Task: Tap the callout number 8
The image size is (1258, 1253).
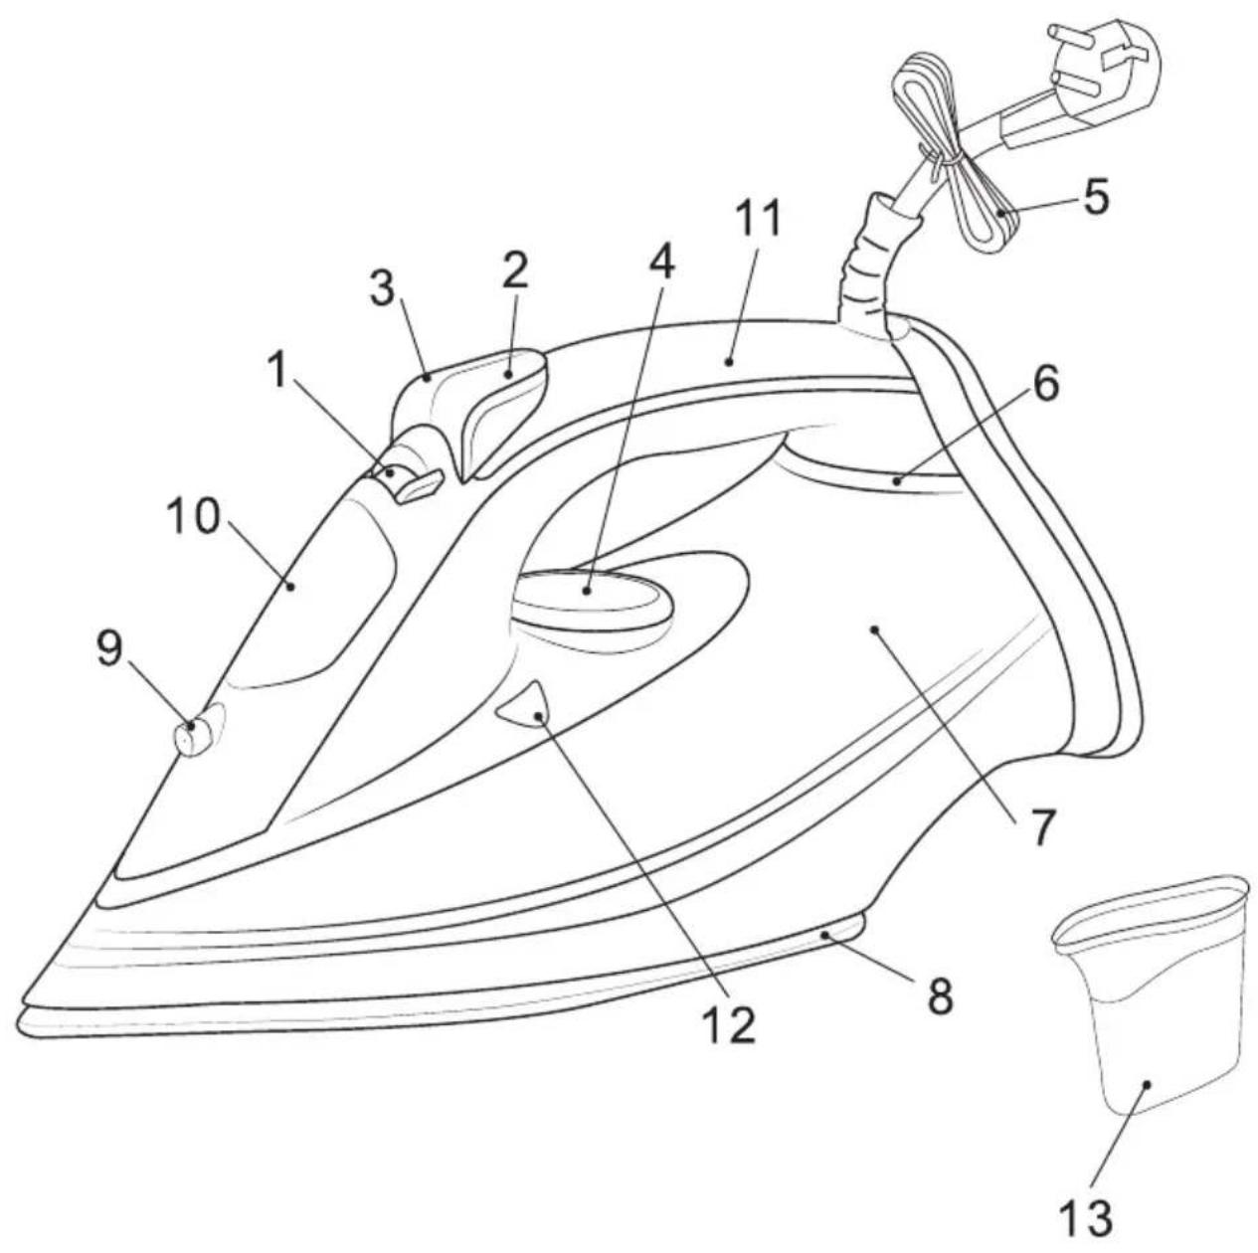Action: click(x=940, y=997)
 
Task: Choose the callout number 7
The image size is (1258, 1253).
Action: click(x=1039, y=826)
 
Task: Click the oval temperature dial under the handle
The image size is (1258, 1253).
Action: click(x=592, y=600)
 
